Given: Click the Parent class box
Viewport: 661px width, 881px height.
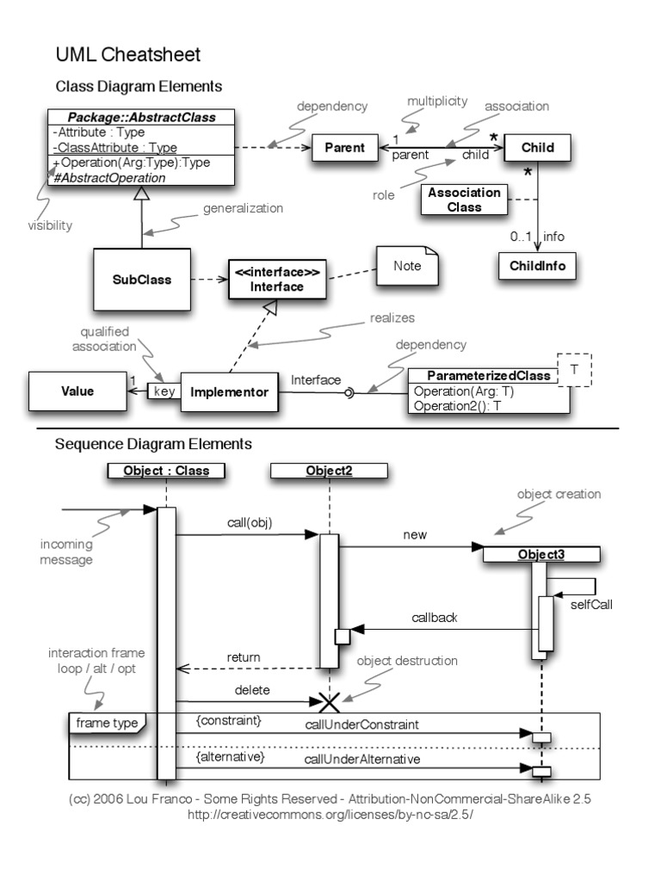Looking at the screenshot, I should (x=344, y=147).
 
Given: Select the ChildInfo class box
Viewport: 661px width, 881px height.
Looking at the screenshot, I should (x=537, y=266).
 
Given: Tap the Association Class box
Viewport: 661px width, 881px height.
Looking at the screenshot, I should (x=464, y=200).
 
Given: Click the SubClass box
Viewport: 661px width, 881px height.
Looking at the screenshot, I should (x=142, y=280).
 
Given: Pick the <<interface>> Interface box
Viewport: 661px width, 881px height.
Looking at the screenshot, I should (x=277, y=280).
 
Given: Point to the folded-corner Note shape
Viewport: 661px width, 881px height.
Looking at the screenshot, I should (x=407, y=267).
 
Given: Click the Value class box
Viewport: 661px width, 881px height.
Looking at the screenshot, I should (x=77, y=391).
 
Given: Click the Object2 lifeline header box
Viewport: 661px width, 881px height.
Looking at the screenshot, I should (x=329, y=471).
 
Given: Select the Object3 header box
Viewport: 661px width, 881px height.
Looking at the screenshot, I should (x=541, y=555).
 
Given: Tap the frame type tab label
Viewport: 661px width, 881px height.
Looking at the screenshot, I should (x=107, y=723).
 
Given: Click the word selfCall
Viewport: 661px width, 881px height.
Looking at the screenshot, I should (x=590, y=603).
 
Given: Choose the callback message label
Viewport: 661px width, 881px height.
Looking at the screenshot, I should (x=433, y=618).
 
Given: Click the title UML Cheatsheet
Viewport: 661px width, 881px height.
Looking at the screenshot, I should (x=127, y=55).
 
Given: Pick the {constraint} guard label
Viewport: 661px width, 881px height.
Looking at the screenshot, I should (x=228, y=718).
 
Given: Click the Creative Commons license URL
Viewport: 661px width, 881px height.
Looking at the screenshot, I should (x=330, y=814).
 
